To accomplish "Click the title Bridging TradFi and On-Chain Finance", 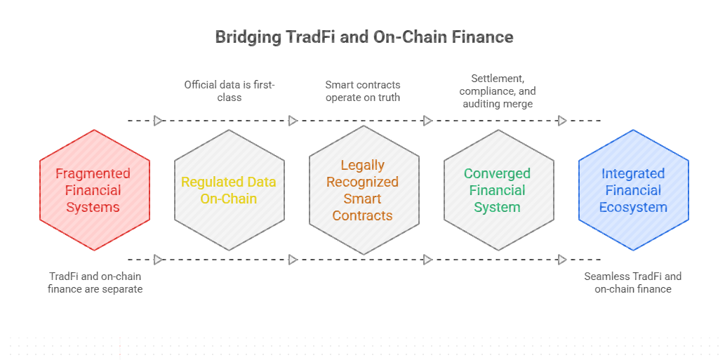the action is pos(364,37).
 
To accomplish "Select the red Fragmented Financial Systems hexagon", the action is pos(95,190).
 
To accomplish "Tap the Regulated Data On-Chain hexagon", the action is pos(230,190).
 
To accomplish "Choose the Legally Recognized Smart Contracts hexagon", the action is pos(364,190).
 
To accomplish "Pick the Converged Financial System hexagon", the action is pos(499,190).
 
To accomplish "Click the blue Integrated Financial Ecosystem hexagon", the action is pos(634,190).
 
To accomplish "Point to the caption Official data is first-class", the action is pos(230,91).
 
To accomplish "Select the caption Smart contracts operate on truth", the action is pos(362,91).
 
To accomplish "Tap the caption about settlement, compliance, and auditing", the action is pos(498,91).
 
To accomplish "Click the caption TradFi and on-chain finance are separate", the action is pos(95,283).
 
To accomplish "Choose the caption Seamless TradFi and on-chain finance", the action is pos(632,283).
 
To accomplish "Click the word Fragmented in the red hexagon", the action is pos(93,174).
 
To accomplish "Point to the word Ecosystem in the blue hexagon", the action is pos(633,207).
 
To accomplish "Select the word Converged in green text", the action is pos(497,174).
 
